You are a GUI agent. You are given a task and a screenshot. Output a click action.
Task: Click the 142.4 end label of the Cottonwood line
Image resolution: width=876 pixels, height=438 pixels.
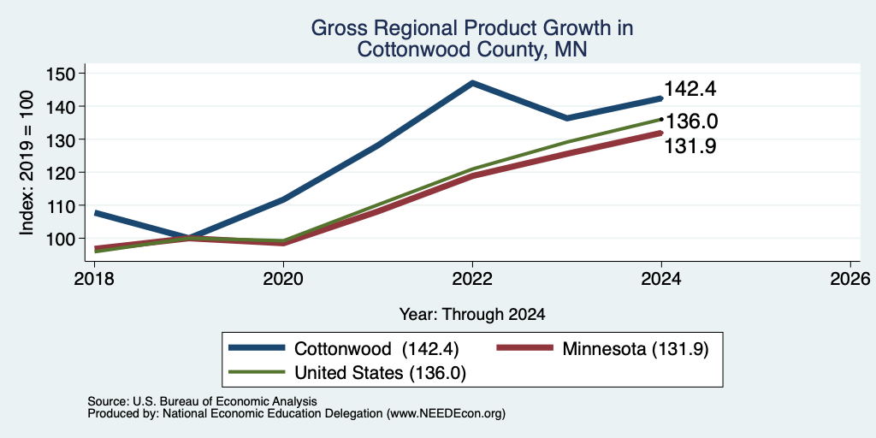click(x=690, y=89)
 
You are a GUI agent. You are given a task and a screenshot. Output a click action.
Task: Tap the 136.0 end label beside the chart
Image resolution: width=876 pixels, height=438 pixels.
click(x=691, y=121)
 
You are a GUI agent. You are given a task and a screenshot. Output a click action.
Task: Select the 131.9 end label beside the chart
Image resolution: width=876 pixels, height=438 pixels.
click(x=690, y=145)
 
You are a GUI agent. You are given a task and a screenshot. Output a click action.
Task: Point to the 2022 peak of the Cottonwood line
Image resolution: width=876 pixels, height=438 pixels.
click(x=472, y=83)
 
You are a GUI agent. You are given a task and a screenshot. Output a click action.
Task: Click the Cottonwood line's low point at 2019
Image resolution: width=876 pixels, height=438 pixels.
click(x=189, y=238)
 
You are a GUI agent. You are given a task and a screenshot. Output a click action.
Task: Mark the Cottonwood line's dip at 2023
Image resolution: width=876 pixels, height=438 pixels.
click(x=567, y=118)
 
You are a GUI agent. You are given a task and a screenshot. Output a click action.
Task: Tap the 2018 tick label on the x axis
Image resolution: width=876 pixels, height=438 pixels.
click(x=94, y=279)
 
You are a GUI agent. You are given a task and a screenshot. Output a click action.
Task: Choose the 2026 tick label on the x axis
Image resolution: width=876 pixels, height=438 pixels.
click(x=850, y=279)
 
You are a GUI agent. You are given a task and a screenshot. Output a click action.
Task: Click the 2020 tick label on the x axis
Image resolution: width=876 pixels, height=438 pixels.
click(x=283, y=279)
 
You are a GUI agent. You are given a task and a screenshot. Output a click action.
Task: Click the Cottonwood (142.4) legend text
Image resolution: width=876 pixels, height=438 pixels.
click(x=376, y=349)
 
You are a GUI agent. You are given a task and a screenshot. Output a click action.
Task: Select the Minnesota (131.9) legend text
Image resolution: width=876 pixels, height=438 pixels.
click(x=636, y=349)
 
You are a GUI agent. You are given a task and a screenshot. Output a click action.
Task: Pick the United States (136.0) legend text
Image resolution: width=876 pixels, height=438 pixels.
click(x=380, y=373)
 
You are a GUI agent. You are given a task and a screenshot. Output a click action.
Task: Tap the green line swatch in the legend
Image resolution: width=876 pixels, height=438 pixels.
click(x=257, y=372)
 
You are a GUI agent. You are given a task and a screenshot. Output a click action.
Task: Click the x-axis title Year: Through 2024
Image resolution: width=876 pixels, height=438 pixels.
click(x=472, y=315)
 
